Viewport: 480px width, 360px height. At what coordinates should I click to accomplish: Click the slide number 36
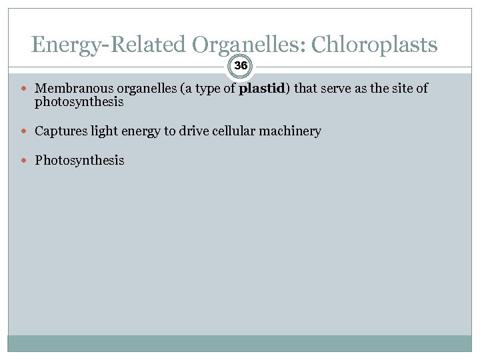click(241, 65)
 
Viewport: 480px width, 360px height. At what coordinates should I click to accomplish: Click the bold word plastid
click(262, 88)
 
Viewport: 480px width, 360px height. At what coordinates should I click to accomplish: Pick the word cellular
click(237, 131)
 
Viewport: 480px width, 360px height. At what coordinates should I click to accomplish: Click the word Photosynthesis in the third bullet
click(79, 161)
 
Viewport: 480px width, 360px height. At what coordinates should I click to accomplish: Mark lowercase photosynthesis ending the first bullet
click(79, 103)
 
